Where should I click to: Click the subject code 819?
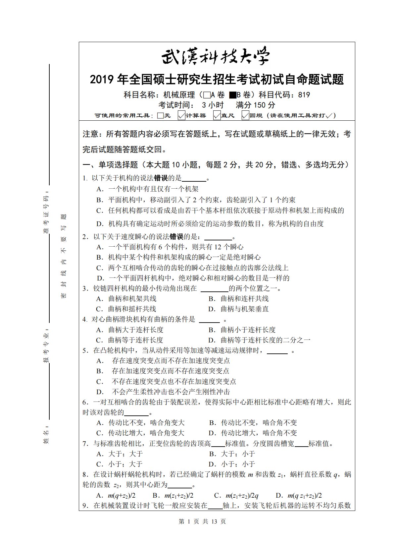coord(304,95)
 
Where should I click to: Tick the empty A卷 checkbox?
coord(207,95)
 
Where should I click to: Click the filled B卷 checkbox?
coord(232,95)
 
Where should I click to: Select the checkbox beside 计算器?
coord(181,115)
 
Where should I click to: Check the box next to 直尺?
coord(217,115)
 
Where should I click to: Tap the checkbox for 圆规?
coord(245,115)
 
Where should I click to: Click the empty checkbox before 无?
coord(161,116)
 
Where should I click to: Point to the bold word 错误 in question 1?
coord(161,178)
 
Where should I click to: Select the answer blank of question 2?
coord(218,237)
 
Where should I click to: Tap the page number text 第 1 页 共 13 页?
coord(202,522)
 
